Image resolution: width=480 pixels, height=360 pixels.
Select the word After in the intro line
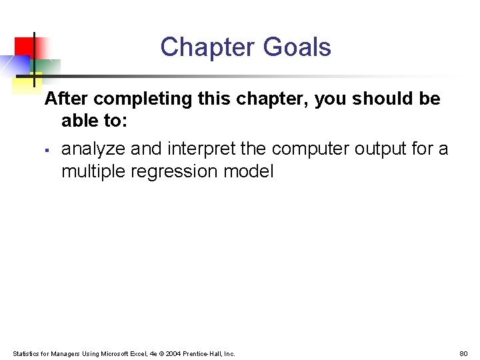tap(67, 99)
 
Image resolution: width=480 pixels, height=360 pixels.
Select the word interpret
tap(202, 149)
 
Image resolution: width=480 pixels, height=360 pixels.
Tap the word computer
tap(310, 149)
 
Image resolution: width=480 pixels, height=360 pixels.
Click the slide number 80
tap(463, 353)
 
